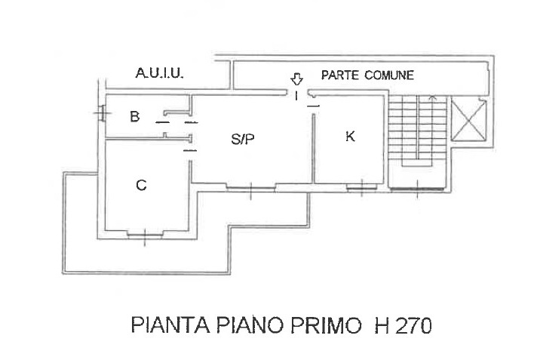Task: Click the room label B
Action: tap(135, 116)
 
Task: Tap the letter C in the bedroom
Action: tap(141, 185)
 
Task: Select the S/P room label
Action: tap(243, 139)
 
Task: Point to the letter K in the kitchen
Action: tap(350, 137)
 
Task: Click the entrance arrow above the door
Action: tap(296, 79)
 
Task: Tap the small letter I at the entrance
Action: tap(296, 96)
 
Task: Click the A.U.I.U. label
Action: tap(160, 73)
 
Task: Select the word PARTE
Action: tap(340, 75)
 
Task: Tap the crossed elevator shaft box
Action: tap(468, 118)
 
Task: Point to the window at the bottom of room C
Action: tap(145, 234)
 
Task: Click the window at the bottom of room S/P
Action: tap(251, 186)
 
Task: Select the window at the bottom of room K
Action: tap(362, 187)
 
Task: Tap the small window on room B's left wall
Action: tap(102, 113)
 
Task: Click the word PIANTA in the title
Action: tap(170, 325)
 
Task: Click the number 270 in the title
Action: tap(414, 325)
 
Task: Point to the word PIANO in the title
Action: tap(250, 325)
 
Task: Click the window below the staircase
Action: tap(418, 189)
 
